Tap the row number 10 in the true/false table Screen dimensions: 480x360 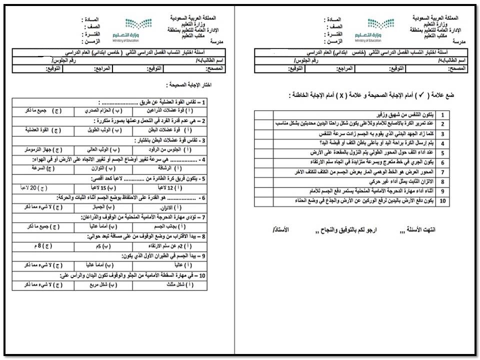[x=442, y=201]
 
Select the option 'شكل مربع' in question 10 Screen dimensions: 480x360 [x=105, y=285]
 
